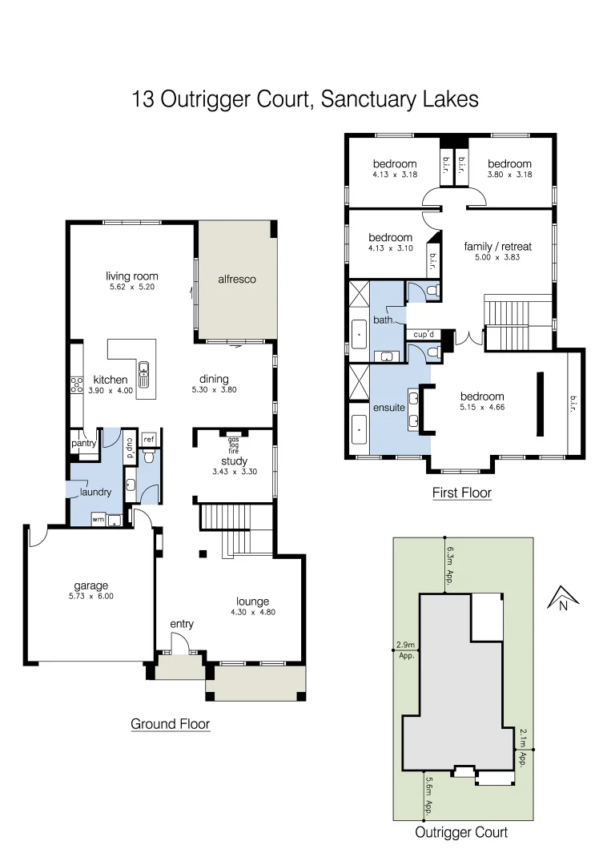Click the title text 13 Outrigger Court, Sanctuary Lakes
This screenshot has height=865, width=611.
tap(305, 99)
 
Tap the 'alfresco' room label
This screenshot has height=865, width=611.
tap(237, 280)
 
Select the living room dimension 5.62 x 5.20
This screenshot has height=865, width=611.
tap(132, 287)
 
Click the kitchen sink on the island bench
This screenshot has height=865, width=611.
tap(144, 369)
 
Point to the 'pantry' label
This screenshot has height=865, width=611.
tap(84, 443)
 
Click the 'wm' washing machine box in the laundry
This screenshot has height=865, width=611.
tap(98, 519)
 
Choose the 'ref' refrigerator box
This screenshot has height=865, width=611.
tap(148, 439)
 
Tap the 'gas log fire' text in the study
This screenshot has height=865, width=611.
tap(234, 445)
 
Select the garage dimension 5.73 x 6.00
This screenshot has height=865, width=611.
tap(90, 596)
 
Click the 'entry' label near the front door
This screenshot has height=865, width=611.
tap(182, 624)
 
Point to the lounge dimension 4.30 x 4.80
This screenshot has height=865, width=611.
tap(252, 612)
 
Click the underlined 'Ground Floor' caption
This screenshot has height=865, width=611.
tap(171, 724)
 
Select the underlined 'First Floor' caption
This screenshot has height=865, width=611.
tap(461, 493)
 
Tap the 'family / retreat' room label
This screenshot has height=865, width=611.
tap(498, 247)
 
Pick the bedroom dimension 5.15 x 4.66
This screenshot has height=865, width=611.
tap(482, 407)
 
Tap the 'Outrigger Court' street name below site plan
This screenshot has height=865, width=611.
tap(460, 832)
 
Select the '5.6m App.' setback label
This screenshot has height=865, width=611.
tap(429, 795)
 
